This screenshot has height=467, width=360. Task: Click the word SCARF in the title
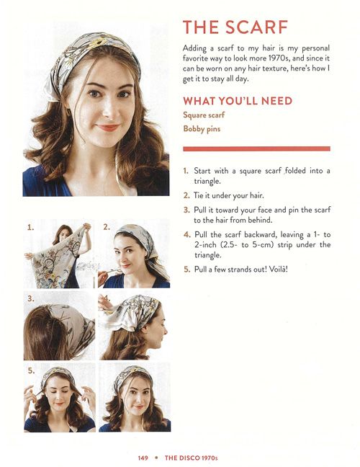[256, 27]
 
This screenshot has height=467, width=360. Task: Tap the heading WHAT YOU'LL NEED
[238, 101]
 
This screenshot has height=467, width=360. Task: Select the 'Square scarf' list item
[204, 115]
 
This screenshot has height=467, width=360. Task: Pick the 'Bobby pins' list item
[202, 129]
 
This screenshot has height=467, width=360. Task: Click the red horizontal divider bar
[256, 148]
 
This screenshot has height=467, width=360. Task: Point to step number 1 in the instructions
[186, 171]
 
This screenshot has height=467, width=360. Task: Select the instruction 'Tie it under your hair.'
[228, 195]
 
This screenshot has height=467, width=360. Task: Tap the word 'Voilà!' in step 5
[279, 270]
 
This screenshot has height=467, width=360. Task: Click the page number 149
[143, 458]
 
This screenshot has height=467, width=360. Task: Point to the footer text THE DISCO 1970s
[192, 458]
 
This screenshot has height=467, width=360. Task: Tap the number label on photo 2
[107, 227]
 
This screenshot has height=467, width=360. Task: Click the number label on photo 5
[31, 371]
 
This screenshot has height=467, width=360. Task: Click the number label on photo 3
[31, 299]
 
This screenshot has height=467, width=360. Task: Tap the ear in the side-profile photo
[145, 328]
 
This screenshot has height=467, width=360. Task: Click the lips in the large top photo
[107, 128]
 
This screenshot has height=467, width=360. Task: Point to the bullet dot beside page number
[156, 458]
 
